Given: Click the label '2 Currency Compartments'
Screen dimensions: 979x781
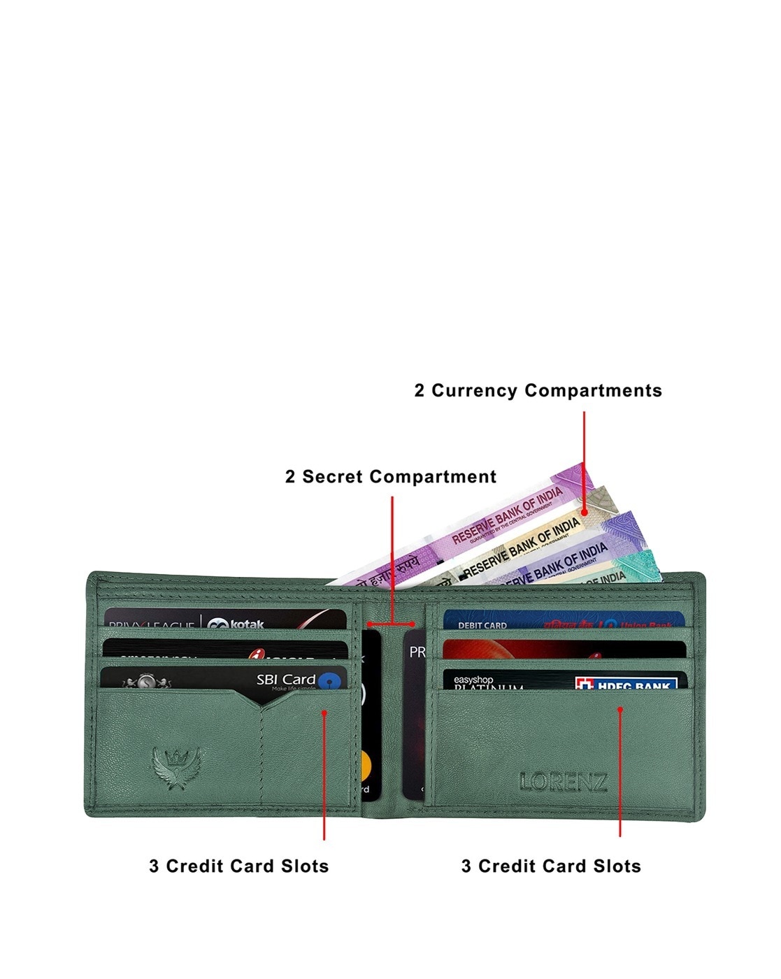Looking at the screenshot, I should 538,390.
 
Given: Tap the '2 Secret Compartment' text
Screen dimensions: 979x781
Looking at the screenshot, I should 391,477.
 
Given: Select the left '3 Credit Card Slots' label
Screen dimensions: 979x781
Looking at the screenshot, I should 239,866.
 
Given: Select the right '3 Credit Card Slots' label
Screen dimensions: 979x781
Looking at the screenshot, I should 551,866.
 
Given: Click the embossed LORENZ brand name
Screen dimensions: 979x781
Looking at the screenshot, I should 564,782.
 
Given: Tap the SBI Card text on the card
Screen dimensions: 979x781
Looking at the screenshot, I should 285,679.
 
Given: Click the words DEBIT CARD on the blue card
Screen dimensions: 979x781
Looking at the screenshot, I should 482,625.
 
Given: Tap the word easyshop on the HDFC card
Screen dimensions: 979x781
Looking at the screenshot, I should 473,679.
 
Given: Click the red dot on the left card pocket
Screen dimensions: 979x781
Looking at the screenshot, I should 324,713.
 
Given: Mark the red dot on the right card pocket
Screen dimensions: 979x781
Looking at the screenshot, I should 620,709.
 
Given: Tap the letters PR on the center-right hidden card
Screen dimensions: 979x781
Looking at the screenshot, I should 417,652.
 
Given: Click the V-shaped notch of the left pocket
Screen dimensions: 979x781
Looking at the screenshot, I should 261,706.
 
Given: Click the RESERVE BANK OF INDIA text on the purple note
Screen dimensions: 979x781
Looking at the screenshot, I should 507,516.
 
